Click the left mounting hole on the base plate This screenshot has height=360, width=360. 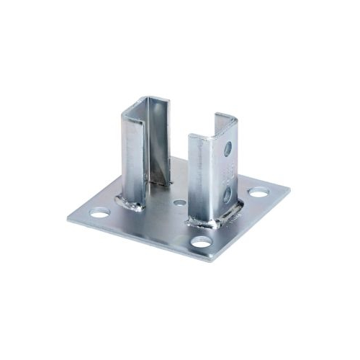click(x=99, y=214)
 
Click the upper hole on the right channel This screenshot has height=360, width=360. click(x=228, y=149)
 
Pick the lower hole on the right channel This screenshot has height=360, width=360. click(x=228, y=192)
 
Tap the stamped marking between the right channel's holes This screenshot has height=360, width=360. click(x=228, y=171)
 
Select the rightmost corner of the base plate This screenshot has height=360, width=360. click(x=289, y=191)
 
